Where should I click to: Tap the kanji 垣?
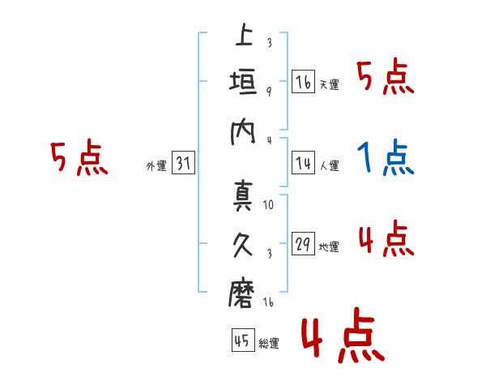click(x=243, y=83)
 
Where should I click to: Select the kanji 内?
click(x=243, y=132)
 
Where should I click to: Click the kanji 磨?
click(x=243, y=293)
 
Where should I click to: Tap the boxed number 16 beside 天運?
click(x=304, y=82)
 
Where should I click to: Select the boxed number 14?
click(x=304, y=163)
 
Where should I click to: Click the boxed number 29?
click(x=304, y=243)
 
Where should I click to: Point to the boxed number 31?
click(x=183, y=163)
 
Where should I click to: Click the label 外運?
click(x=156, y=165)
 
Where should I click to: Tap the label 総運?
click(x=269, y=343)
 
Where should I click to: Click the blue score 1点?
click(x=386, y=159)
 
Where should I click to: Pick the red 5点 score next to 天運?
click(x=386, y=79)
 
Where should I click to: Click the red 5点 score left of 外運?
click(x=79, y=159)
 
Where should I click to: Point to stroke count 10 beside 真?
click(x=269, y=205)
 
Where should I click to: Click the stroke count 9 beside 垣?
click(x=268, y=91)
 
